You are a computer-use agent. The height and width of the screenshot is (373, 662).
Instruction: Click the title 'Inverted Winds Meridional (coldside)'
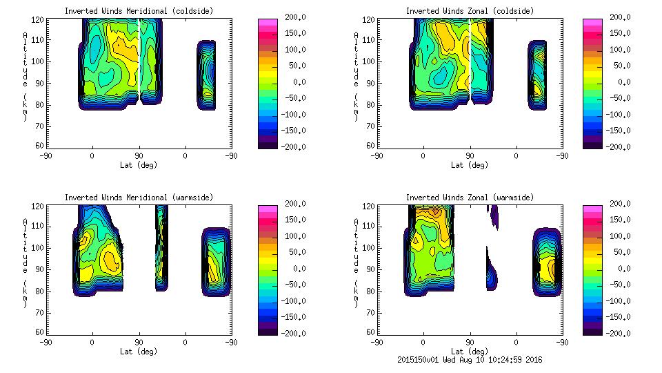pyautogui.click(x=139, y=11)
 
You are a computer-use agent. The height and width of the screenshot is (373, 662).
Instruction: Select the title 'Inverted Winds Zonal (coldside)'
pyautogui.click(x=470, y=11)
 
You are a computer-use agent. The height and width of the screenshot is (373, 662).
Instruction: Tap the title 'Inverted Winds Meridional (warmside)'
pyautogui.click(x=139, y=198)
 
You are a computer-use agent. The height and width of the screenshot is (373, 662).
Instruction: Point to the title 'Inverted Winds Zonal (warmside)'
pyautogui.click(x=470, y=198)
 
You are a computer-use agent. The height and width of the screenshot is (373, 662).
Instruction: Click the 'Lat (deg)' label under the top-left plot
pyautogui.click(x=139, y=165)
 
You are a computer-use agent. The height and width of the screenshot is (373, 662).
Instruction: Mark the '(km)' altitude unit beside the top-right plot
pyautogui.click(x=356, y=112)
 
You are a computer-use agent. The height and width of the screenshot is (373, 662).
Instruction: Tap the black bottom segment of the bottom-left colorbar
pyautogui.click(x=268, y=330)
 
